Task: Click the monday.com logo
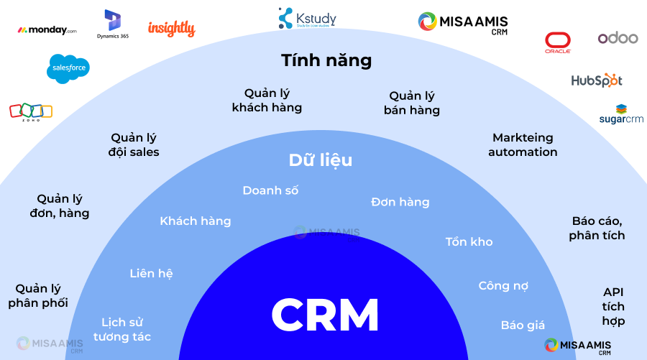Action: point(47,30)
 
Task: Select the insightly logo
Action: point(171,29)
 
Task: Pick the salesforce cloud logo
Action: point(68,68)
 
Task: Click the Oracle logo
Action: point(558,43)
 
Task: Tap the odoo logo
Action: point(618,38)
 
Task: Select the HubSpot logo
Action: point(596,80)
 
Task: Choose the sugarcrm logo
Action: point(621,114)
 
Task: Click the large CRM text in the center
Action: point(325,314)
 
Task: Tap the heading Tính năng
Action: point(326,60)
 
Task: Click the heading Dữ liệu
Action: point(321,160)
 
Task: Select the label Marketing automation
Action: point(523,144)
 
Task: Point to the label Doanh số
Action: point(270,190)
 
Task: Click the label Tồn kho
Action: point(469,241)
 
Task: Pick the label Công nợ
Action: point(503,286)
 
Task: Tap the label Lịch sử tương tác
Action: point(126,329)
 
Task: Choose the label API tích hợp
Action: point(613,307)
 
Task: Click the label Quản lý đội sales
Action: point(134,144)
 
